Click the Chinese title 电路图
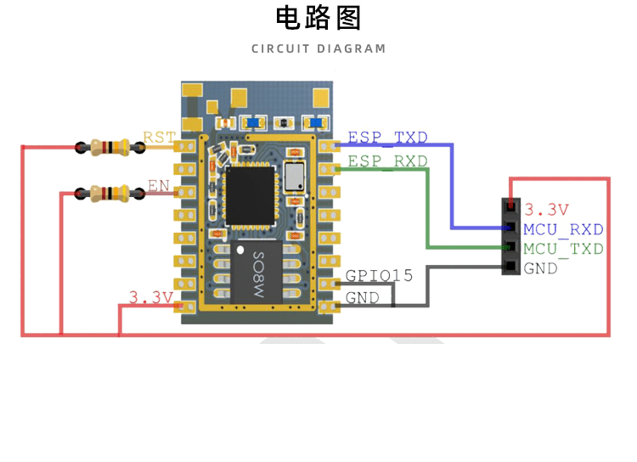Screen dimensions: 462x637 pyautogui.click(x=318, y=18)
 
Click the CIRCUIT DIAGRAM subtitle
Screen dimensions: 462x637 pyautogui.click(x=318, y=48)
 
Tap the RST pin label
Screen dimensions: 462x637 pyautogui.click(x=159, y=138)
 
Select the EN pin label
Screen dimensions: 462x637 pyautogui.click(x=158, y=184)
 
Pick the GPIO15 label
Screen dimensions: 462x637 pyautogui.click(x=379, y=276)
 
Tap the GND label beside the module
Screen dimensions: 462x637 pyautogui.click(x=363, y=299)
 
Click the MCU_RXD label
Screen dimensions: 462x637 pyautogui.click(x=563, y=229)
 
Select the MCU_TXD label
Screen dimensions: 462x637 pyautogui.click(x=563, y=249)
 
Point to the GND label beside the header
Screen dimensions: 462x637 pyautogui.click(x=541, y=268)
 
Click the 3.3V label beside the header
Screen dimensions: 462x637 pyautogui.click(x=546, y=209)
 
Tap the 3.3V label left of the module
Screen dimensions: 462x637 pyautogui.click(x=150, y=297)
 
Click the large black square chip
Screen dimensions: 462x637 pyautogui.click(x=251, y=194)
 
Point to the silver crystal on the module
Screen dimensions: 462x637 pyautogui.click(x=296, y=177)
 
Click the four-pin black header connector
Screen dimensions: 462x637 pyautogui.click(x=510, y=237)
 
